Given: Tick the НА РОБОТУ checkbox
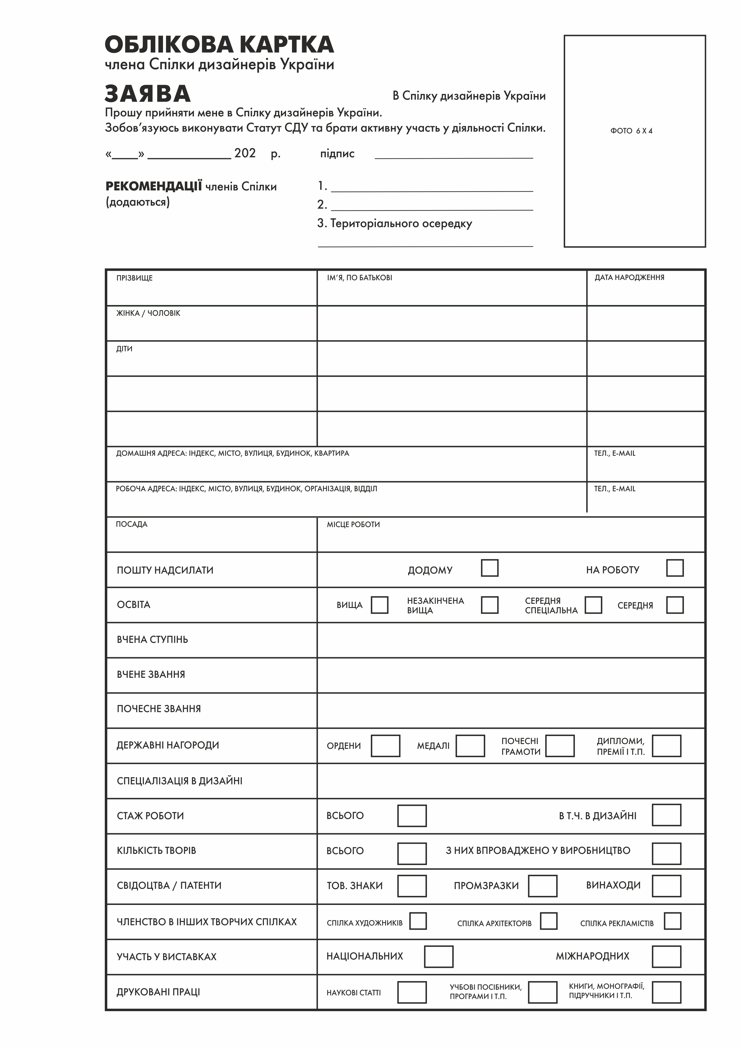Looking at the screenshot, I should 674,568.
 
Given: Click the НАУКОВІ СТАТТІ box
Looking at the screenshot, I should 412,992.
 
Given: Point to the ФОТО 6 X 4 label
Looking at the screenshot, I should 631,131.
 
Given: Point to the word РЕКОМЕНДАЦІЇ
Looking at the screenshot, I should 154,187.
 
